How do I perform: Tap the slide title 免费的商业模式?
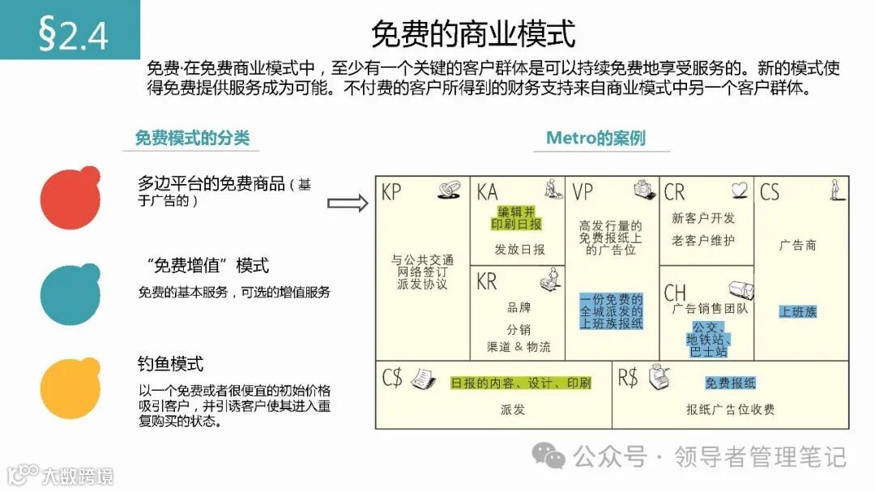tap(473, 34)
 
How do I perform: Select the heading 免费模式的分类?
tap(192, 138)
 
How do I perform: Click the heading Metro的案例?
tap(595, 138)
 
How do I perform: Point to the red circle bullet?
tap(71, 199)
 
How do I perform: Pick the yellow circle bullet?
tap(71, 387)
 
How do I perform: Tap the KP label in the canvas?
tap(391, 192)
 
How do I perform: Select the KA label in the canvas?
tap(487, 192)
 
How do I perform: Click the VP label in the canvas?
tap(583, 192)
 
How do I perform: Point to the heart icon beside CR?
tap(739, 190)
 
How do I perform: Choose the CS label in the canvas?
tap(770, 192)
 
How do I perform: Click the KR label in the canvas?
tap(487, 282)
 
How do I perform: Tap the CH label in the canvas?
tap(675, 292)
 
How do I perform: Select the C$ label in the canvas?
tap(392, 378)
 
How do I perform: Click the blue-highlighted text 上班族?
tap(798, 312)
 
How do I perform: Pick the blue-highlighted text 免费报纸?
tap(731, 383)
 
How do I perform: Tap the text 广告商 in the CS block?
tap(798, 245)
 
